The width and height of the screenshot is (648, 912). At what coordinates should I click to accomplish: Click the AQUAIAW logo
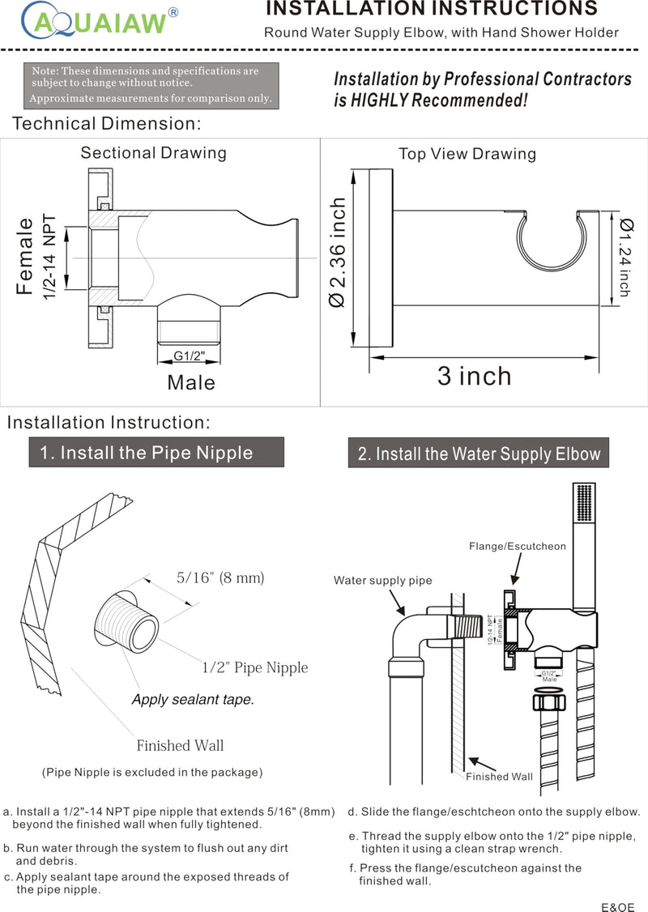[x=98, y=21]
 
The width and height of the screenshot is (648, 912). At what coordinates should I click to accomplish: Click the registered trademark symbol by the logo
[x=173, y=12]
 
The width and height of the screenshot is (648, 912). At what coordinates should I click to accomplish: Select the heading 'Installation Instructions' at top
[x=432, y=8]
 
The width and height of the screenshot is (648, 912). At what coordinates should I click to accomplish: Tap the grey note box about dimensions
[x=151, y=85]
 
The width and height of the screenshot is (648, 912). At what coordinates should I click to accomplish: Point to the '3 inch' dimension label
[x=474, y=377]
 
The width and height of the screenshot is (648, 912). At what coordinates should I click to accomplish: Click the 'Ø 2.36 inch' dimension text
[x=338, y=252]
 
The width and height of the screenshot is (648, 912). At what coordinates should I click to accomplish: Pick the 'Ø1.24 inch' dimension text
[x=626, y=257]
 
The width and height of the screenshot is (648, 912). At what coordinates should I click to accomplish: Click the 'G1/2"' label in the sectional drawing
[x=189, y=356]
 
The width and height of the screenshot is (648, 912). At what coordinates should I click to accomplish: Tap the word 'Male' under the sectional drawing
[x=191, y=383]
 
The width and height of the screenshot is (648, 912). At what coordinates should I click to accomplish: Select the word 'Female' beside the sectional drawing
[x=25, y=256]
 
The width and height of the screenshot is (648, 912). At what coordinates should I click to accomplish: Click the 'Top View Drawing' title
[x=467, y=154]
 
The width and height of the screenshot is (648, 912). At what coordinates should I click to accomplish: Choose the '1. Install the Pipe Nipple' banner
[x=156, y=453]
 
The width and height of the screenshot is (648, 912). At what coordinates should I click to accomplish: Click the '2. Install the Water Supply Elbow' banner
[x=478, y=453]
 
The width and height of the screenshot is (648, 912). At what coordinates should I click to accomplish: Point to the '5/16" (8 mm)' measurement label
[x=220, y=577]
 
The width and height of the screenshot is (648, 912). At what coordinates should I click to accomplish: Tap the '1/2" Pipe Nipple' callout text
[x=255, y=667]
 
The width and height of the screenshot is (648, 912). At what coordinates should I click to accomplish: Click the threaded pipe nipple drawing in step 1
[x=127, y=622]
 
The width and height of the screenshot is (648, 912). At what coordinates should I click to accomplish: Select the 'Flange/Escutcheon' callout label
[x=517, y=546]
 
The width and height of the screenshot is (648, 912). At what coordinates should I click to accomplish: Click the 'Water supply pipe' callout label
[x=383, y=581]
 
